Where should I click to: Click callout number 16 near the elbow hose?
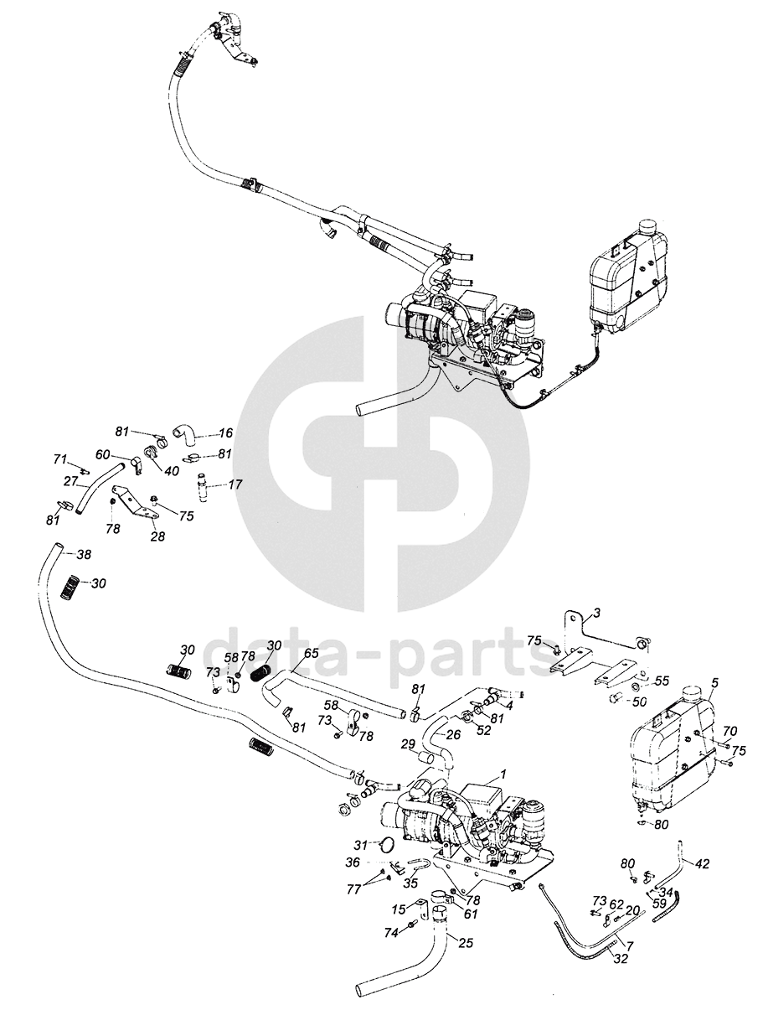pyautogui.click(x=226, y=433)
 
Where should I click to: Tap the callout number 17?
pyautogui.click(x=235, y=484)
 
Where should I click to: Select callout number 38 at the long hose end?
pyautogui.click(x=84, y=555)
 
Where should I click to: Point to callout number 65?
pyautogui.click(x=311, y=652)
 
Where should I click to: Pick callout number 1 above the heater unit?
pyautogui.click(x=503, y=774)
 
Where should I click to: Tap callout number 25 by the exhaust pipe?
pyautogui.click(x=467, y=944)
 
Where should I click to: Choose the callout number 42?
pyautogui.click(x=703, y=862)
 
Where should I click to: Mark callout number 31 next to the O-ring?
pyautogui.click(x=360, y=844)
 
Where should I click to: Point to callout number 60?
pyautogui.click(x=101, y=454)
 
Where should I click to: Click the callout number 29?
pyautogui.click(x=408, y=743)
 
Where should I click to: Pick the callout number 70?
pyautogui.click(x=729, y=731)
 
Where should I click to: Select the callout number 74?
pyautogui.click(x=390, y=932)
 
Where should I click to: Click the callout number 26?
pyautogui.click(x=453, y=734)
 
